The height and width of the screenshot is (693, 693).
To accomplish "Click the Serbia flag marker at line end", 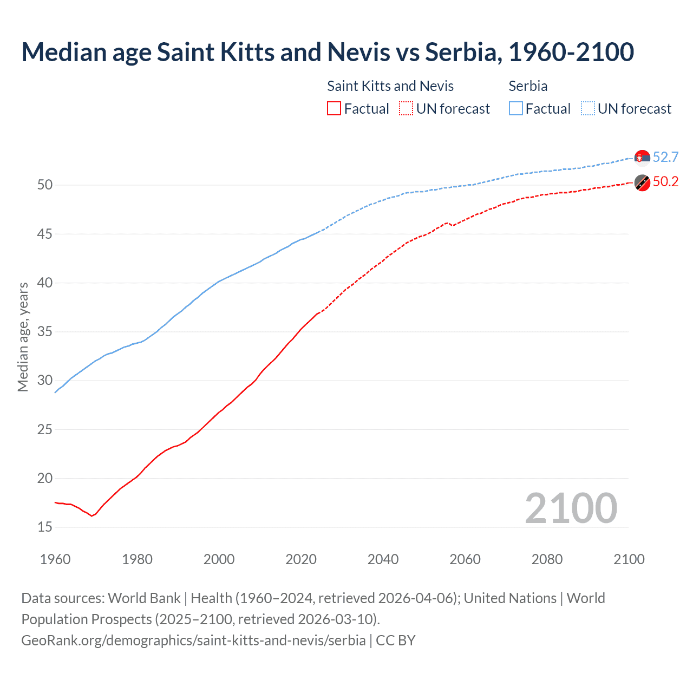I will point(642,157).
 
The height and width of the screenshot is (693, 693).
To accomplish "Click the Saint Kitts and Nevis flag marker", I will point(642,183).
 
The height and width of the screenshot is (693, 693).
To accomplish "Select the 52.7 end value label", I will point(665,157).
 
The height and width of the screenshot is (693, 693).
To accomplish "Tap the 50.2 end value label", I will point(665,182).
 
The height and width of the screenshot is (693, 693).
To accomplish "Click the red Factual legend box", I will point(334,108).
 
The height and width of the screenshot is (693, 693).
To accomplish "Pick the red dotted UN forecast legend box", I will point(406,108).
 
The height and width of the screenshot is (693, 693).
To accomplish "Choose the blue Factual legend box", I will point(516,108).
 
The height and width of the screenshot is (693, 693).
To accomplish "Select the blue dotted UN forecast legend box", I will point(587,108).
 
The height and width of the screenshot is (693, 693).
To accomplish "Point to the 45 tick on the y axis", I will point(45,234).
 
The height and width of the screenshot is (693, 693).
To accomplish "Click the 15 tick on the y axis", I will point(45,527).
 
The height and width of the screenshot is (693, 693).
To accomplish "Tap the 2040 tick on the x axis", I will point(383,559).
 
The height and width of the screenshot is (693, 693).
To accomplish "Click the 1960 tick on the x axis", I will point(55,559).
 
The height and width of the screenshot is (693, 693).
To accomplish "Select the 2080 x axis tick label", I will point(547,559).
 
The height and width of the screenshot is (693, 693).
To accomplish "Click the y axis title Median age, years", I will point(23,337).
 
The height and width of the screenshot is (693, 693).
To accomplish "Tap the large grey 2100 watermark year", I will point(571,508).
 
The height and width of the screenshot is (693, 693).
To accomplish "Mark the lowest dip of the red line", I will point(91,516).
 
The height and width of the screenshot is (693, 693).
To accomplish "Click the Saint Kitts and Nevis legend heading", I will point(390,86).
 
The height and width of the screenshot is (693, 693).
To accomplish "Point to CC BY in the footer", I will point(396,640).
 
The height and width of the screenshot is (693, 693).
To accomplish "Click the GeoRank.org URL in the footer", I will point(193,640).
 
